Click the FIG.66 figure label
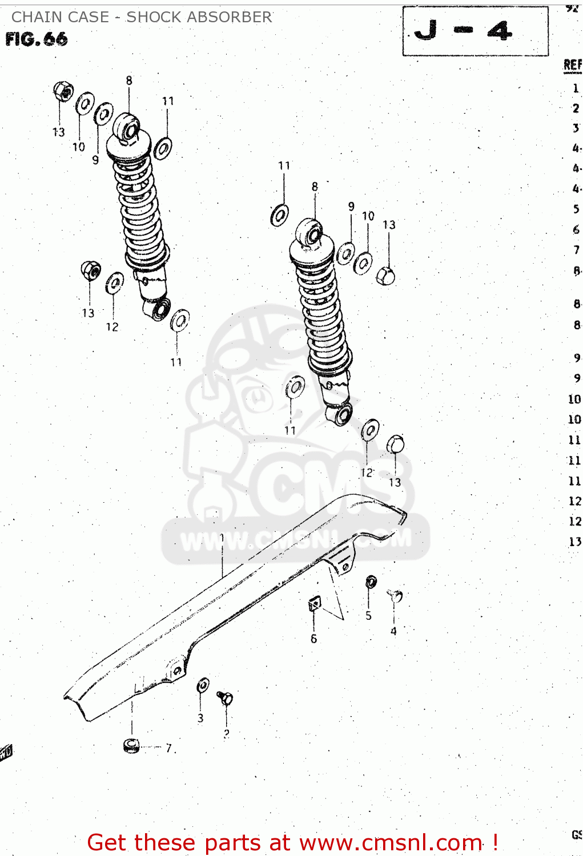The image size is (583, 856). tap(37, 39)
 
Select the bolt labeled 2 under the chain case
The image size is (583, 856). tap(225, 698)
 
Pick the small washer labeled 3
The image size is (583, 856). tap(203, 685)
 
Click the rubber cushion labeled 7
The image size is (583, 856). tap(131, 745)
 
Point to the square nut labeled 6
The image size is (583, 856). tap(314, 604)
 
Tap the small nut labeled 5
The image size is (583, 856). tap(371, 582)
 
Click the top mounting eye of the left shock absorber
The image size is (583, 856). tap(127, 128)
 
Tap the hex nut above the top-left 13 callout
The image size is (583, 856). tap(63, 91)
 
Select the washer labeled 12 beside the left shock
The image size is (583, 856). tap(114, 282)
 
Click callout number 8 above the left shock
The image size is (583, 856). tap(129, 80)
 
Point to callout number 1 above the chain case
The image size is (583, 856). tap(222, 538)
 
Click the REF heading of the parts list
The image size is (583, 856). tap(572, 64)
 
